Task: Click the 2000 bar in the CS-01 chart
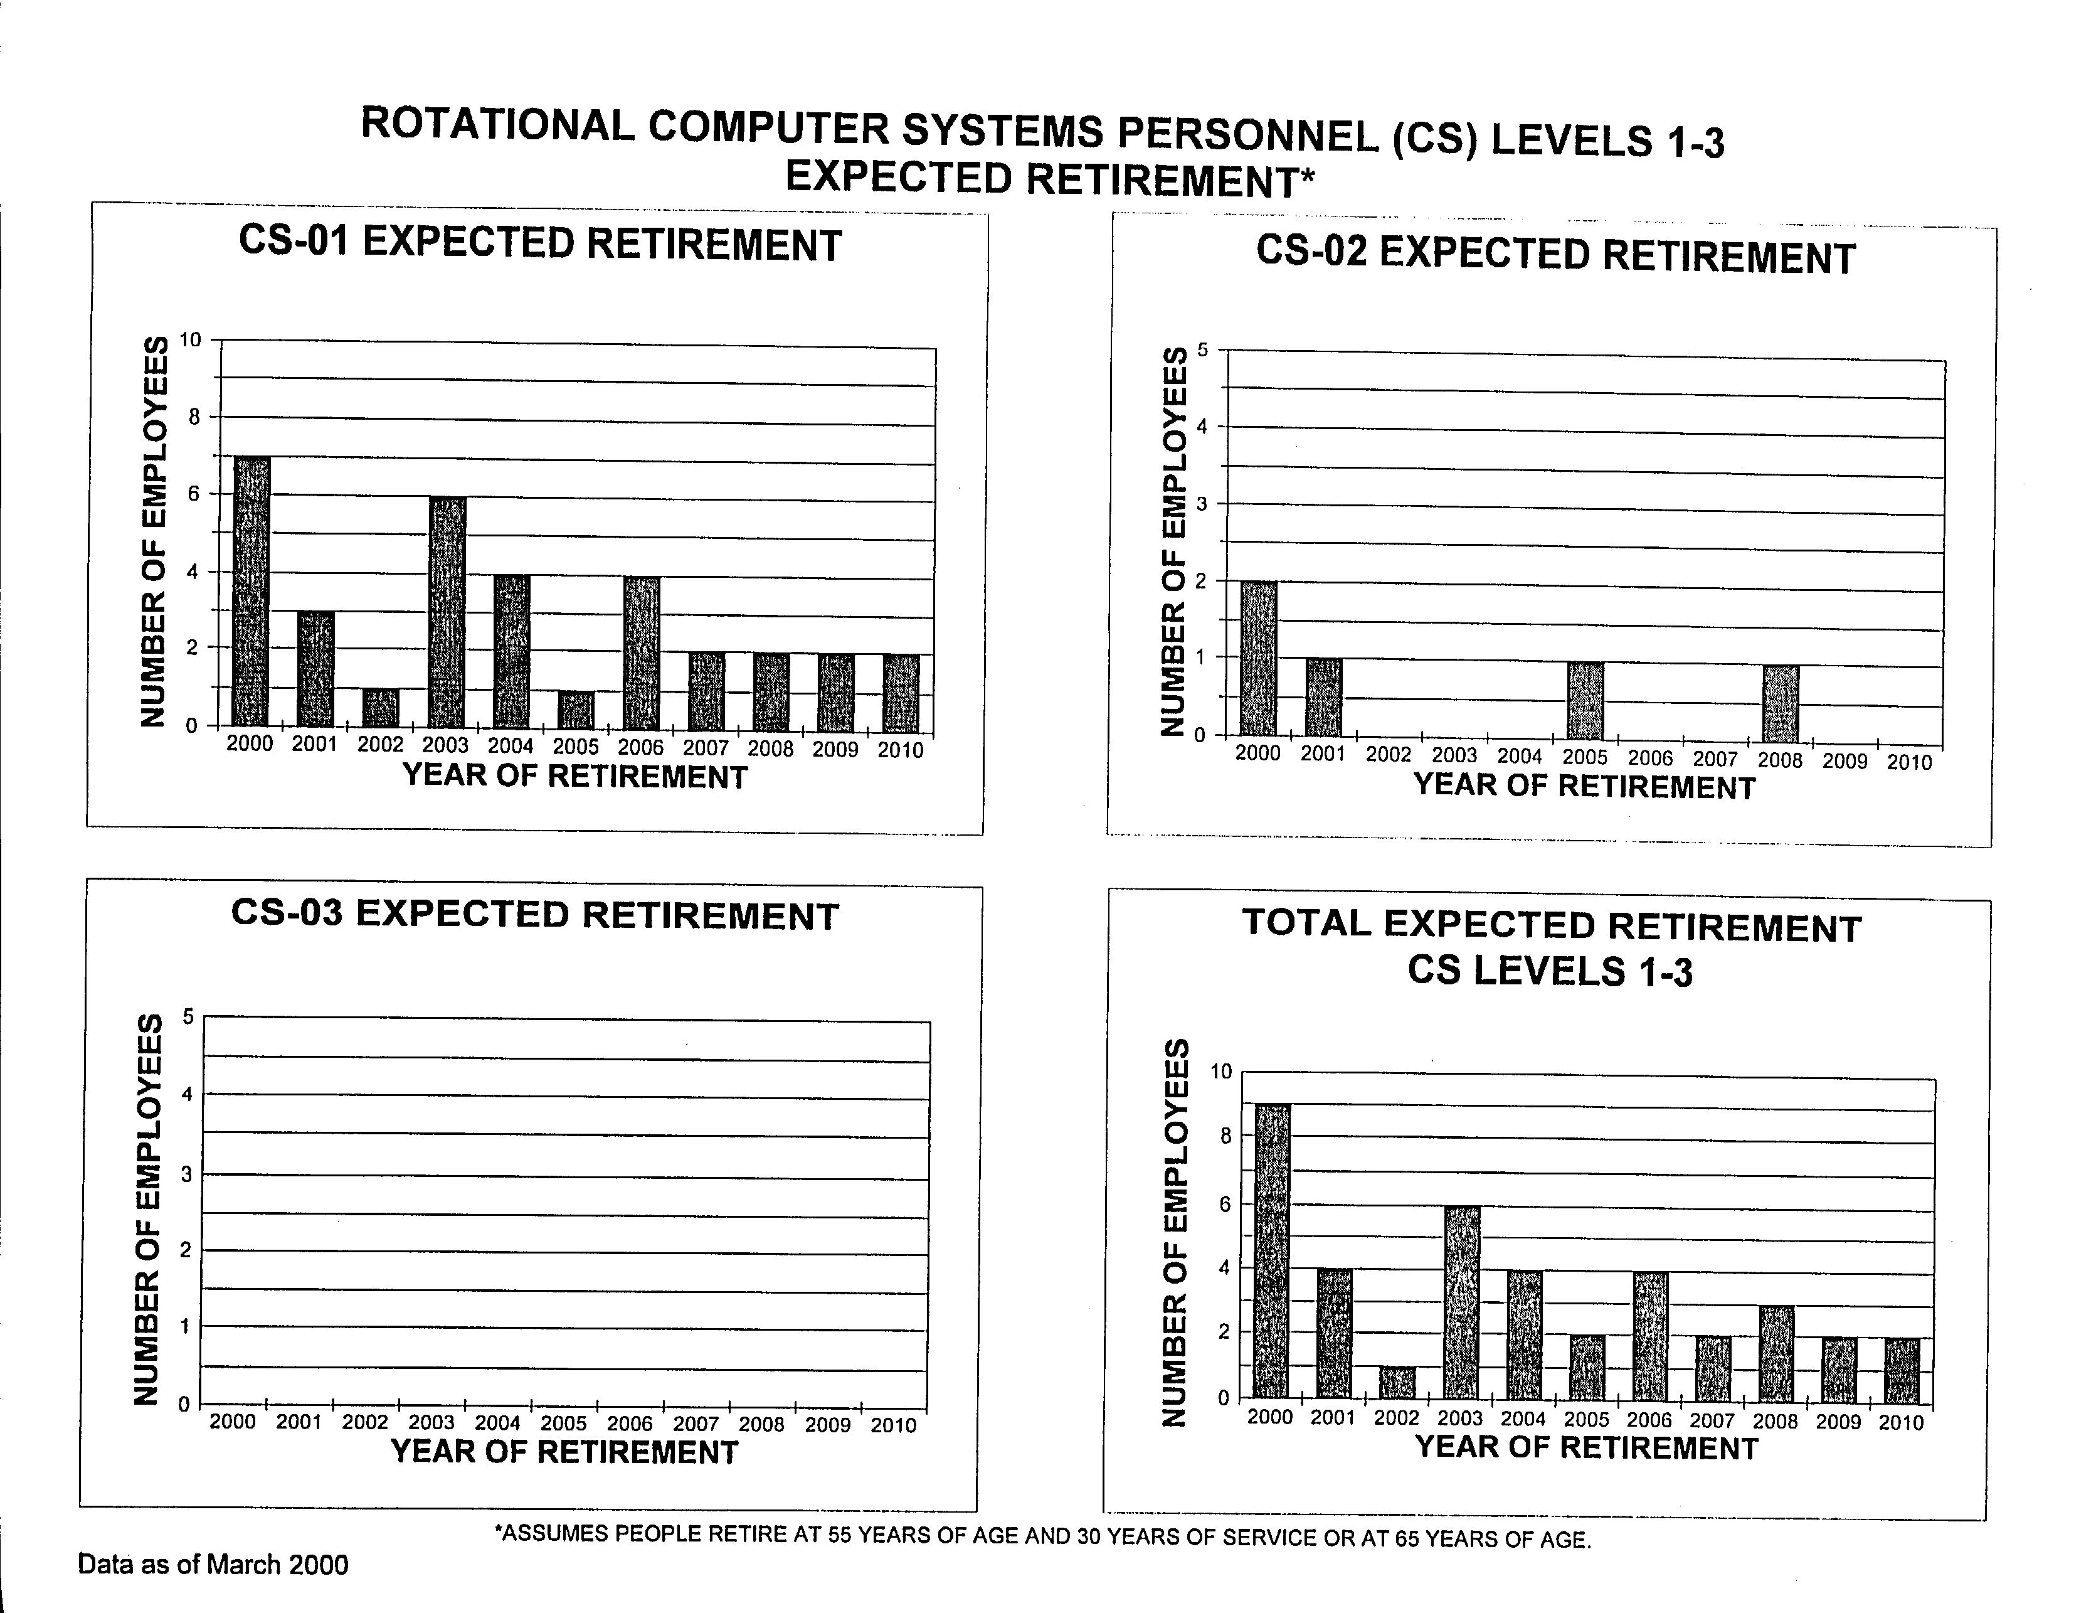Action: tap(251, 592)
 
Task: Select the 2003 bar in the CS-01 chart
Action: tap(447, 612)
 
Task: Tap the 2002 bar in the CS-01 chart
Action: tap(381, 708)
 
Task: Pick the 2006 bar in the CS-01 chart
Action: tap(641, 653)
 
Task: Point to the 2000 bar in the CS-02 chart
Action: tap(1258, 659)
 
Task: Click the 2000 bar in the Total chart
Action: tap(1272, 1251)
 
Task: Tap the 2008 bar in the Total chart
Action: tap(1776, 1353)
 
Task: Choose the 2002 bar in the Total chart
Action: tap(1397, 1383)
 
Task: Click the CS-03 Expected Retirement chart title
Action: tap(536, 915)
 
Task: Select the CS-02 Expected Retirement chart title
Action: tap(1555, 257)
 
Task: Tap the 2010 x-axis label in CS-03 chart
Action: tap(894, 1426)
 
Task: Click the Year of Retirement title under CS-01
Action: tap(575, 776)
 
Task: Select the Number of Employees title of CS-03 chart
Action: tap(147, 1210)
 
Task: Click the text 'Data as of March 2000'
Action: tap(213, 1565)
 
